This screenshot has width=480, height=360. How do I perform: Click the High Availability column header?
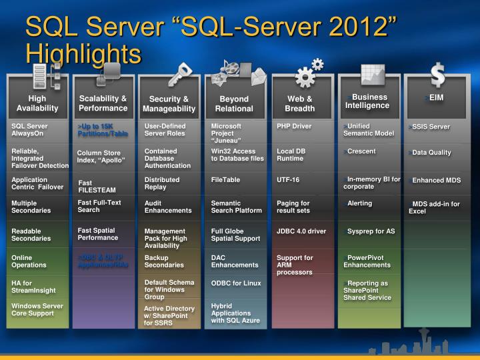(37, 103)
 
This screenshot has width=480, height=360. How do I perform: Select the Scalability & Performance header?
(103, 103)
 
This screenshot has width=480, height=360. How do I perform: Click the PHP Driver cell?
(294, 125)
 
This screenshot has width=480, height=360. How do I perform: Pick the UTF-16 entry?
(289, 179)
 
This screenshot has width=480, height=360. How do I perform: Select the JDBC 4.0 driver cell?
(301, 231)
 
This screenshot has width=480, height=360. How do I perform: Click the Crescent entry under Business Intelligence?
(361, 151)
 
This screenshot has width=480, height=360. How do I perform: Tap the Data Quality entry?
(431, 153)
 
